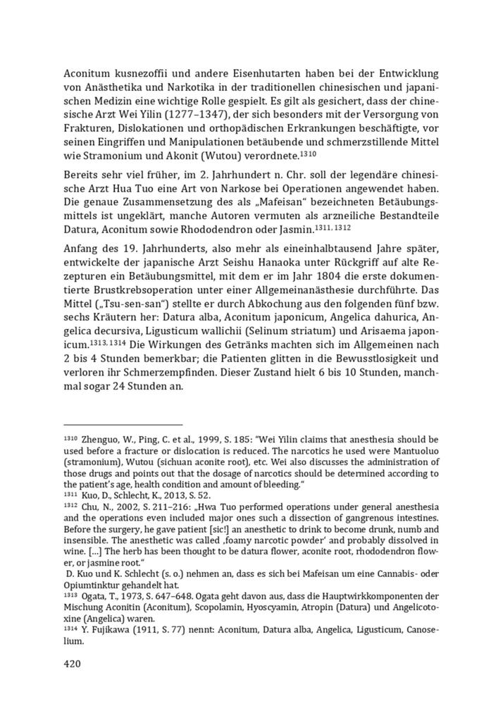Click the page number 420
pyautogui.click(x=73, y=663)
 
